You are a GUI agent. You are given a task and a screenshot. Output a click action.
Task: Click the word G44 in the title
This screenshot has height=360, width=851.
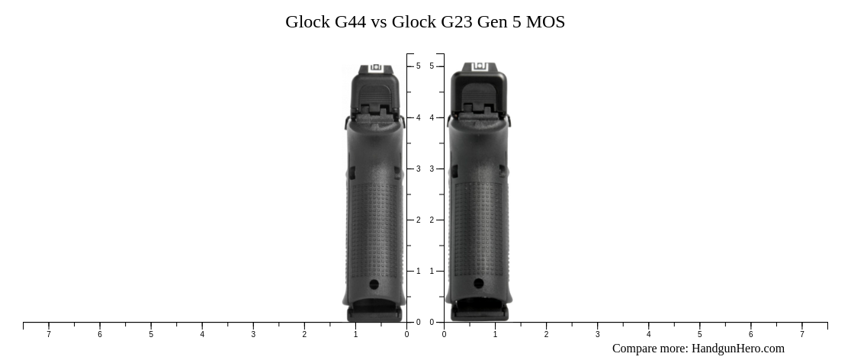[350, 22]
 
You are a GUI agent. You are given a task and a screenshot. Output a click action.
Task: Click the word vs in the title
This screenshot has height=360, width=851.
[379, 22]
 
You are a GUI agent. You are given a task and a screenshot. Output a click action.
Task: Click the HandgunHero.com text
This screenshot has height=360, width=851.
[737, 349]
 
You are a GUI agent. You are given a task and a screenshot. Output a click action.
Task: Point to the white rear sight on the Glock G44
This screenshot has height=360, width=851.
[375, 68]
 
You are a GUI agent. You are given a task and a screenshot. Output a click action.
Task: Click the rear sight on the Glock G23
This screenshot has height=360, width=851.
[479, 67]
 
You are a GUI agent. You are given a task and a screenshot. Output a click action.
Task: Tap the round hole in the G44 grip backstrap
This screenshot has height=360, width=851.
[374, 284]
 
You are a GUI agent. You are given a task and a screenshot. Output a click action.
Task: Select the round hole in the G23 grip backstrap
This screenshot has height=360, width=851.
[478, 284]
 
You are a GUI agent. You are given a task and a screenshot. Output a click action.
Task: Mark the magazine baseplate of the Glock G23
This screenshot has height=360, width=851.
[479, 312]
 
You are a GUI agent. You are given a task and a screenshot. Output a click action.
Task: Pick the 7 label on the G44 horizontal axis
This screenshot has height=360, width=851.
[49, 334]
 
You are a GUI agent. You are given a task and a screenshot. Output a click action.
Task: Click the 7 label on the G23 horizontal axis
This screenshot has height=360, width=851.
[802, 334]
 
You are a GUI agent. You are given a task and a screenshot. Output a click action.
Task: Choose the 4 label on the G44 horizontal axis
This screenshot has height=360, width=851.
[202, 334]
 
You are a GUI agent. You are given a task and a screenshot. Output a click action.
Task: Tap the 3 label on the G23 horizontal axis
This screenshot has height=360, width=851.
[597, 334]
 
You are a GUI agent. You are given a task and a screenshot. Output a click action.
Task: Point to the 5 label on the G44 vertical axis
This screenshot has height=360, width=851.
[418, 66]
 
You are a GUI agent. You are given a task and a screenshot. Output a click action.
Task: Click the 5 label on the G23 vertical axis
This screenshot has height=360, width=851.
[432, 66]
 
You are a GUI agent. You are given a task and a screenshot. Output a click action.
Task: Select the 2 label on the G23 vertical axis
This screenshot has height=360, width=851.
[432, 220]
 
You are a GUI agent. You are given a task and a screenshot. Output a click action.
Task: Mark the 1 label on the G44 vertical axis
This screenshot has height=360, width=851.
[418, 271]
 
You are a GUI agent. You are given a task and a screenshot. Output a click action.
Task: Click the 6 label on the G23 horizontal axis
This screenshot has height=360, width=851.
[750, 334]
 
